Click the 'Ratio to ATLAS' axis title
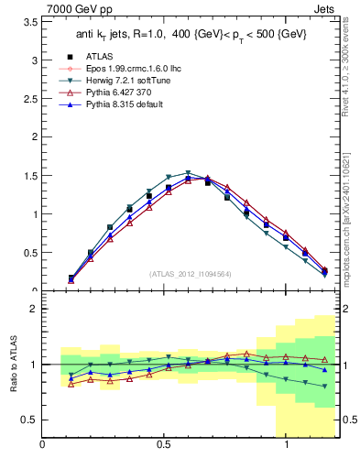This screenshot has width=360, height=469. point(12,365)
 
